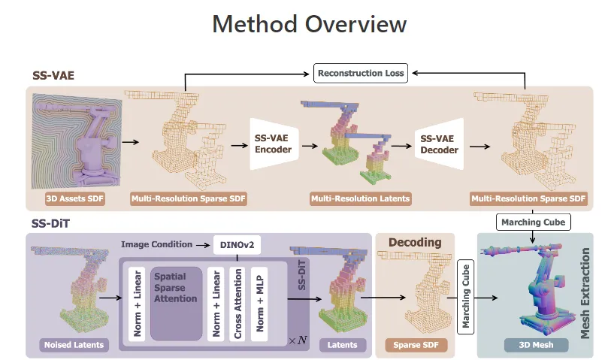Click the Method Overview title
point(310,24)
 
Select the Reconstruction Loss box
point(361,74)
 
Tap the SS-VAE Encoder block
point(274,144)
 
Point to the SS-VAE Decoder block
point(440,144)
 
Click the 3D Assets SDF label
point(75,198)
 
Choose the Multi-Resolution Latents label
point(361,198)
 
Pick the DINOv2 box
point(237,245)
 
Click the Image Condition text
point(156,244)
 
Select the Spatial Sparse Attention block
point(177,304)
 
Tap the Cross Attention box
point(237,304)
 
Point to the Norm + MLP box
point(259,304)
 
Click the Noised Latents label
point(74,345)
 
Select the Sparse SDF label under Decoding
point(416,345)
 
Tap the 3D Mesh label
point(536,345)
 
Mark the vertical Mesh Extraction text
point(585,293)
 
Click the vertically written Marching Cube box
point(466,297)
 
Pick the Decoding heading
point(415,242)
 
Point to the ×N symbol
point(298,340)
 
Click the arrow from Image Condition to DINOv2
point(203,245)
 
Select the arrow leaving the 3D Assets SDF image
point(131,142)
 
